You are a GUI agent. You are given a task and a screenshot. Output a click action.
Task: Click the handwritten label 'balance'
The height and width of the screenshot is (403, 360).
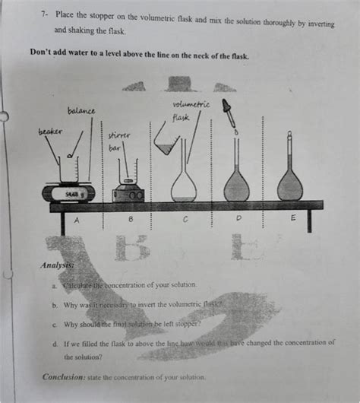pos(81,111)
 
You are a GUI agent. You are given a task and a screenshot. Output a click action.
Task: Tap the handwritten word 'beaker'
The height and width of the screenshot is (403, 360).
pos(51,131)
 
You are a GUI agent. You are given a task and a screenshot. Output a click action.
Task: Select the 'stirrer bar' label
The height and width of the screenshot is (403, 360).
pos(119,141)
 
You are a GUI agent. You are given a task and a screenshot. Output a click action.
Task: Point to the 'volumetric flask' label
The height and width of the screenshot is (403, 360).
pos(185,110)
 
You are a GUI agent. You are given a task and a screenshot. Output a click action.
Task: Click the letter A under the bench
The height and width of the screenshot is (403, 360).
pos(75,220)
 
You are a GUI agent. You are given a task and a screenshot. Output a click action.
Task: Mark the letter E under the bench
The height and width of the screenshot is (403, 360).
pos(294,218)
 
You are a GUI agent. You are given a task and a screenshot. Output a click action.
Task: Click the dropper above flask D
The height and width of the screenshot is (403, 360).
pos(227,113)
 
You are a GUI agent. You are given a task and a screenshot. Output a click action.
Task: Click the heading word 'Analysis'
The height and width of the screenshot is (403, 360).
pos(60,265)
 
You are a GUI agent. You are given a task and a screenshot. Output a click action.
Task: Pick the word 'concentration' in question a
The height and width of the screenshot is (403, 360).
pos(133,284)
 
